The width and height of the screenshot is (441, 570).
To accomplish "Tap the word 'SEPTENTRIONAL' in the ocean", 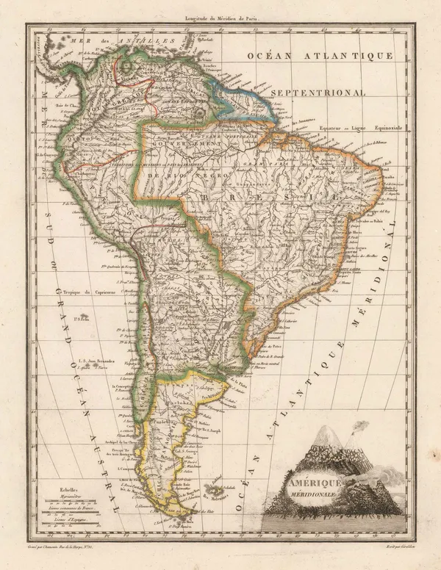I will pos(318,93).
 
